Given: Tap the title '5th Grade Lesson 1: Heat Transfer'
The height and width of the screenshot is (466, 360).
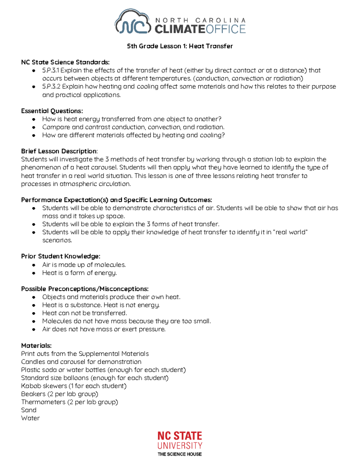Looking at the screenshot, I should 180,46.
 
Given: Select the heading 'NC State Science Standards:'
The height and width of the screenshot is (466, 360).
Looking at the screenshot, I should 65,62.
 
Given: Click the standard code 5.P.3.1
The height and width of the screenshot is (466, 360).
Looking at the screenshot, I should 51,71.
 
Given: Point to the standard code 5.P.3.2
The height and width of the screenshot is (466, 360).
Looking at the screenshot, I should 51,87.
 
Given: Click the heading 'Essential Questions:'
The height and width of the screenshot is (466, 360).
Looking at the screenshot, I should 52,111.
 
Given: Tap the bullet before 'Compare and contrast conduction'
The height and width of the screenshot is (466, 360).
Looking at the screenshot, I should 34,127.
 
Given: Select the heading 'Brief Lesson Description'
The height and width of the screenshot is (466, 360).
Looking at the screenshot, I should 59,151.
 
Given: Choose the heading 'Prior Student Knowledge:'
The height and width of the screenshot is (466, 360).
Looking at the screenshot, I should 61,256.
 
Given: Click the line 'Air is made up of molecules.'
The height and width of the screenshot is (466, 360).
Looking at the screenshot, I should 84,265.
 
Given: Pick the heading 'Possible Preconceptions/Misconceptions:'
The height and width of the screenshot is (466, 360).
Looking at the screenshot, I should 85,289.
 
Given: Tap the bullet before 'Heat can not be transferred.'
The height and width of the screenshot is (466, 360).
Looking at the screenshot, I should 34,313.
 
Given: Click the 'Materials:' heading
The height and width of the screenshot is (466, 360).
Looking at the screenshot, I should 36,346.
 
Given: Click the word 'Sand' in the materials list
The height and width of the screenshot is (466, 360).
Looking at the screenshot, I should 29,410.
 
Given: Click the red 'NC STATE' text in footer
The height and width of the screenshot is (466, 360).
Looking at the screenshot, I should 180,436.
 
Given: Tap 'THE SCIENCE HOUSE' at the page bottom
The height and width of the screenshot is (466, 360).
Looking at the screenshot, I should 180,454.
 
